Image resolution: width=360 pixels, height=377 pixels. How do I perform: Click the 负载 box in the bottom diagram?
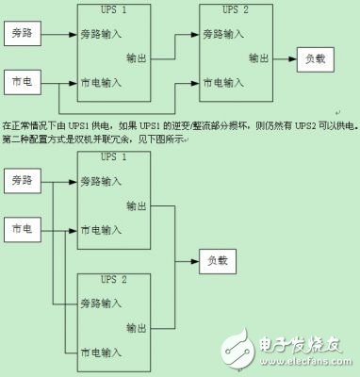218,259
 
